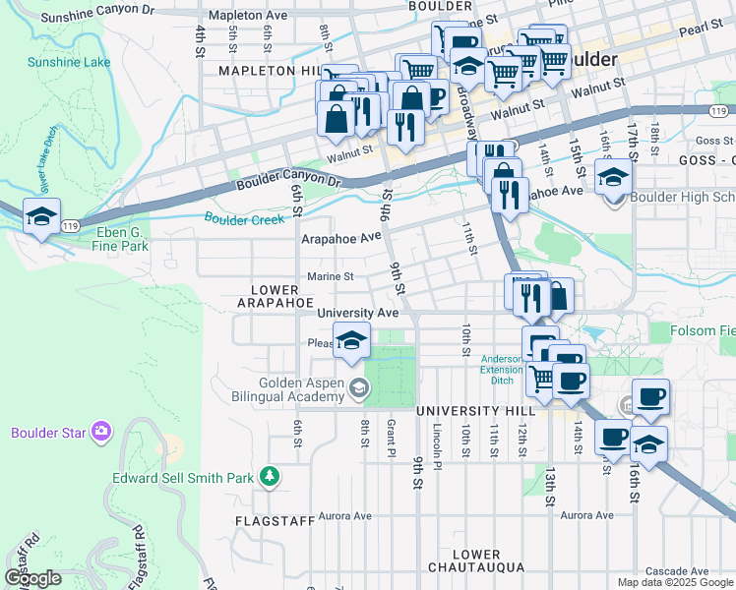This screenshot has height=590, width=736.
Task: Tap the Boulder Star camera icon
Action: click(100, 432)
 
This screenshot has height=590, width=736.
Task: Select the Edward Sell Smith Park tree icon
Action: click(269, 477)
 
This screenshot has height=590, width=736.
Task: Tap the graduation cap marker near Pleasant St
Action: click(349, 340)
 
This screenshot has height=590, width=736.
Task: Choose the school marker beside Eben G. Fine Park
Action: click(41, 217)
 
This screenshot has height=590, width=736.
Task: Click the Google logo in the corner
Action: click(32, 578)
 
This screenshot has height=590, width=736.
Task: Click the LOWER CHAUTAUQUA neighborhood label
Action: click(478, 561)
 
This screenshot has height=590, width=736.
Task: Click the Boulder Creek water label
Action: click(244, 218)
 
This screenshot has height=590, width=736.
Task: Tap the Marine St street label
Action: click(330, 276)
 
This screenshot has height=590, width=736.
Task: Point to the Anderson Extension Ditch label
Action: click(509, 365)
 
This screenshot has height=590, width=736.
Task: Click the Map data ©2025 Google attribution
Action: click(674, 582)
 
